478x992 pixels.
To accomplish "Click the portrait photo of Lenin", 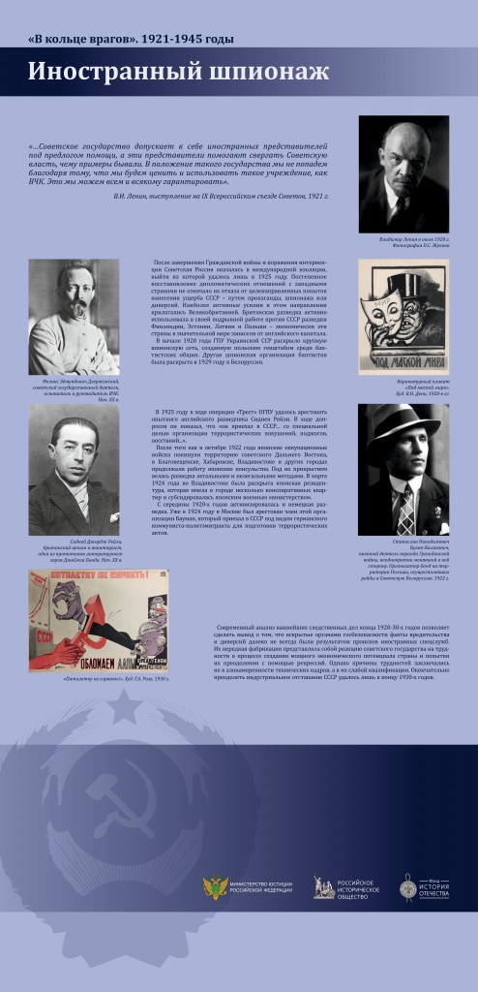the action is tap(403, 174).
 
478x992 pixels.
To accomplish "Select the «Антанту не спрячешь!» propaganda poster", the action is tap(98, 622).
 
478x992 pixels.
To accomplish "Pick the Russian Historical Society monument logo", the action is tap(324, 887).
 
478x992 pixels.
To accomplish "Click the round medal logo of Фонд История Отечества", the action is tap(409, 887).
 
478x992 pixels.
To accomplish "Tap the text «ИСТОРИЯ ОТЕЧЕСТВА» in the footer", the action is tap(438, 889).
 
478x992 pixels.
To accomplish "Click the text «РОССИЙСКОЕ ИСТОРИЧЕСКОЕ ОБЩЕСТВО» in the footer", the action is tap(359, 888).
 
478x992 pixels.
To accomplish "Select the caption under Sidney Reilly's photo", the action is tap(74, 553).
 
